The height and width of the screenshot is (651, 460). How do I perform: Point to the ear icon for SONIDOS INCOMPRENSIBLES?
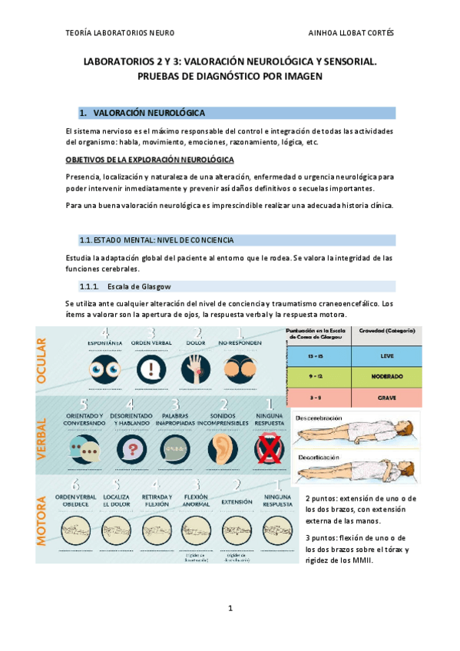click(x=222, y=450)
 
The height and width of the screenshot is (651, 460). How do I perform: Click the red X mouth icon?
click(x=268, y=448)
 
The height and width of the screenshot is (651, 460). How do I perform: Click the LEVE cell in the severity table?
click(x=387, y=357)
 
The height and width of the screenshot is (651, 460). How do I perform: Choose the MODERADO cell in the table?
click(x=387, y=378)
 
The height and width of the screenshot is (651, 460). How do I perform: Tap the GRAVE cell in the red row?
click(x=387, y=398)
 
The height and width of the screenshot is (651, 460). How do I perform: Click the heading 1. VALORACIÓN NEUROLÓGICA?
click(x=147, y=113)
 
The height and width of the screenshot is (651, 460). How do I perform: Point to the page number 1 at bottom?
click(x=230, y=609)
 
